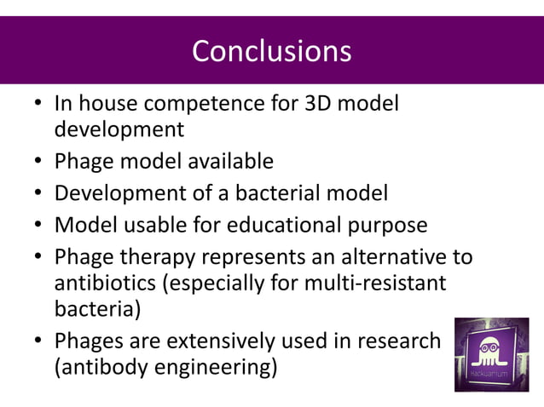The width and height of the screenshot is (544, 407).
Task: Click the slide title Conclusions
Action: click(271, 50)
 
